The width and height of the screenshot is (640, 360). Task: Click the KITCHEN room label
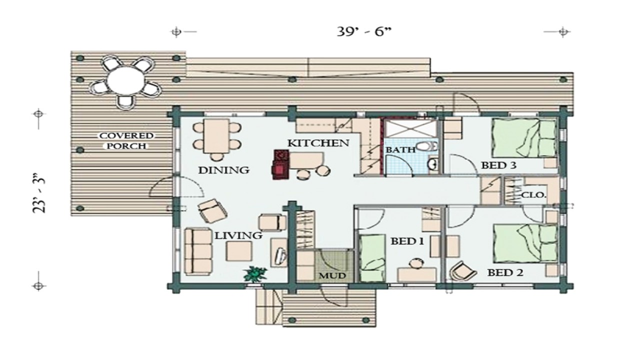point(318,143)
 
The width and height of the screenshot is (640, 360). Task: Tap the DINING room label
point(223,170)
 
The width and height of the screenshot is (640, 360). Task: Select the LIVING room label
point(238,235)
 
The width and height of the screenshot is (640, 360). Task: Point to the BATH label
point(400,149)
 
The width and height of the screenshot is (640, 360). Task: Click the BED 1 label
point(407,241)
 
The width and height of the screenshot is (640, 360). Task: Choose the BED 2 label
point(505,273)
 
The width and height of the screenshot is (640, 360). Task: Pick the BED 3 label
point(498,165)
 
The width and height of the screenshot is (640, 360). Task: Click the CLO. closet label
point(533,194)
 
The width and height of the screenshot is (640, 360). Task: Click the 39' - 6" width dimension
point(363,32)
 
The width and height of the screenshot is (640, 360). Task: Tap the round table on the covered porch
point(126,80)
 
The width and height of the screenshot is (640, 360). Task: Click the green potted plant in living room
point(255,274)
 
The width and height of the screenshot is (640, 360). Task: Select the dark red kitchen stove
point(279,164)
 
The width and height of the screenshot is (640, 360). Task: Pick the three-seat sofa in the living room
point(196,251)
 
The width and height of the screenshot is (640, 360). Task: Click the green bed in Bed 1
point(371,257)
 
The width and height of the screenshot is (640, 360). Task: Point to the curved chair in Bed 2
point(463,272)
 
